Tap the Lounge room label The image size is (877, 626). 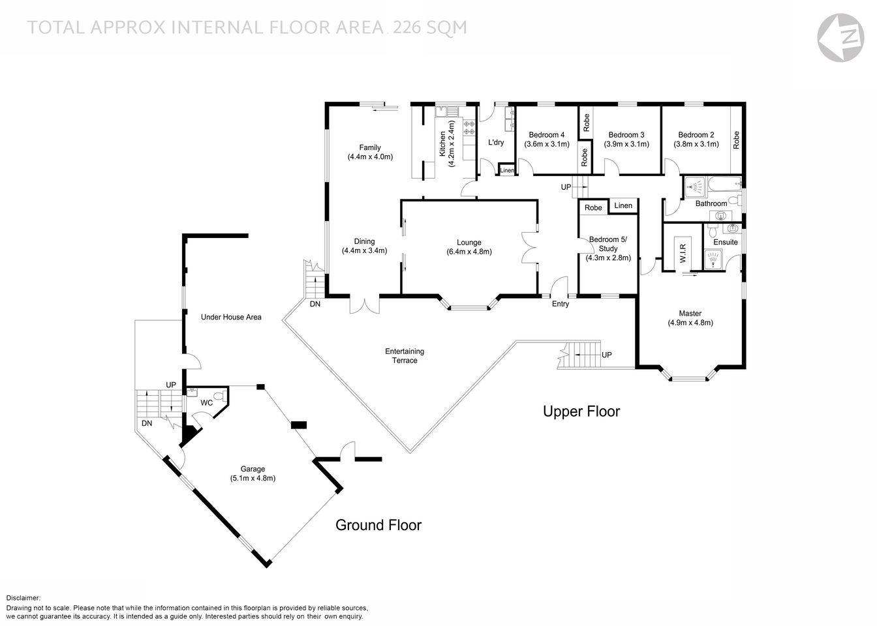coord(469,243)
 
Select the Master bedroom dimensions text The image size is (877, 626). coord(690,323)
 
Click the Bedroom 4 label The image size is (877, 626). coord(546,135)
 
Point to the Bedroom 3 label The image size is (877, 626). coord(626,135)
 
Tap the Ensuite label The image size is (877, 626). coord(725,242)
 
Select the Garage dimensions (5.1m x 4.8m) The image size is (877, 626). coord(253,478)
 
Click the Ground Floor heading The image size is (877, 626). coord(378,525)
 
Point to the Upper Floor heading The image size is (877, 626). coord(581,411)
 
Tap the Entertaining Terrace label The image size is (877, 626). coord(404,356)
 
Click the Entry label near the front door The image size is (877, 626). coord(560,304)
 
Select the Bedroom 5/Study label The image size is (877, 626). coord(608,244)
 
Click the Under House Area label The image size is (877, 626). coord(231,317)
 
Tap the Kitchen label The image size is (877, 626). coord(442,143)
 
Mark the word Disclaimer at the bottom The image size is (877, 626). coord(23,598)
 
